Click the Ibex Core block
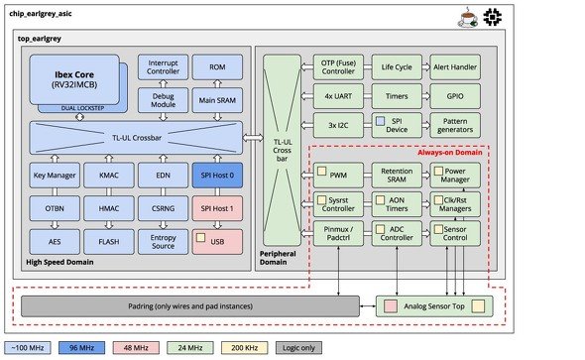[x=74, y=79]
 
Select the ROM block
[x=217, y=67]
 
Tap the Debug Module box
[x=163, y=100]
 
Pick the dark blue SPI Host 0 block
[x=217, y=175]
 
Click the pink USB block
[x=217, y=242]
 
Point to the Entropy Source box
[x=163, y=242]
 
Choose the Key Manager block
[x=55, y=175]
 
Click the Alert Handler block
[x=455, y=67]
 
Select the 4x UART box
[x=338, y=96]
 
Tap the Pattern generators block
[x=455, y=125]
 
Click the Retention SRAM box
[x=397, y=175]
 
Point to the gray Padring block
[x=190, y=306]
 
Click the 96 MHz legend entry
[x=81, y=348]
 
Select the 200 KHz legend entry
[x=244, y=348]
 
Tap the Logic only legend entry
[x=298, y=348]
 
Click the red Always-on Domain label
[x=449, y=152]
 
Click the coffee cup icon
[x=468, y=18]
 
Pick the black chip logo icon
[x=493, y=17]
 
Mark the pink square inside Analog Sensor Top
[x=391, y=306]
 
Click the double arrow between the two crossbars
[x=253, y=138]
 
